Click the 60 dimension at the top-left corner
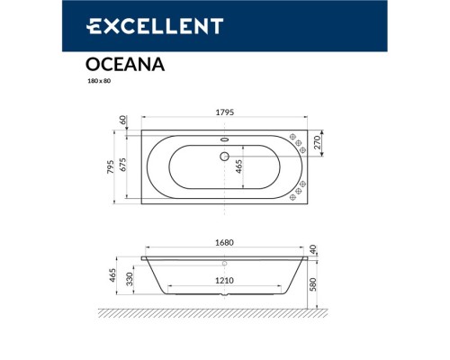click(x=123, y=119)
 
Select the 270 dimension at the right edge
click(x=318, y=141)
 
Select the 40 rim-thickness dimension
click(x=313, y=249)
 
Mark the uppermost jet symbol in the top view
click(x=293, y=136)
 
